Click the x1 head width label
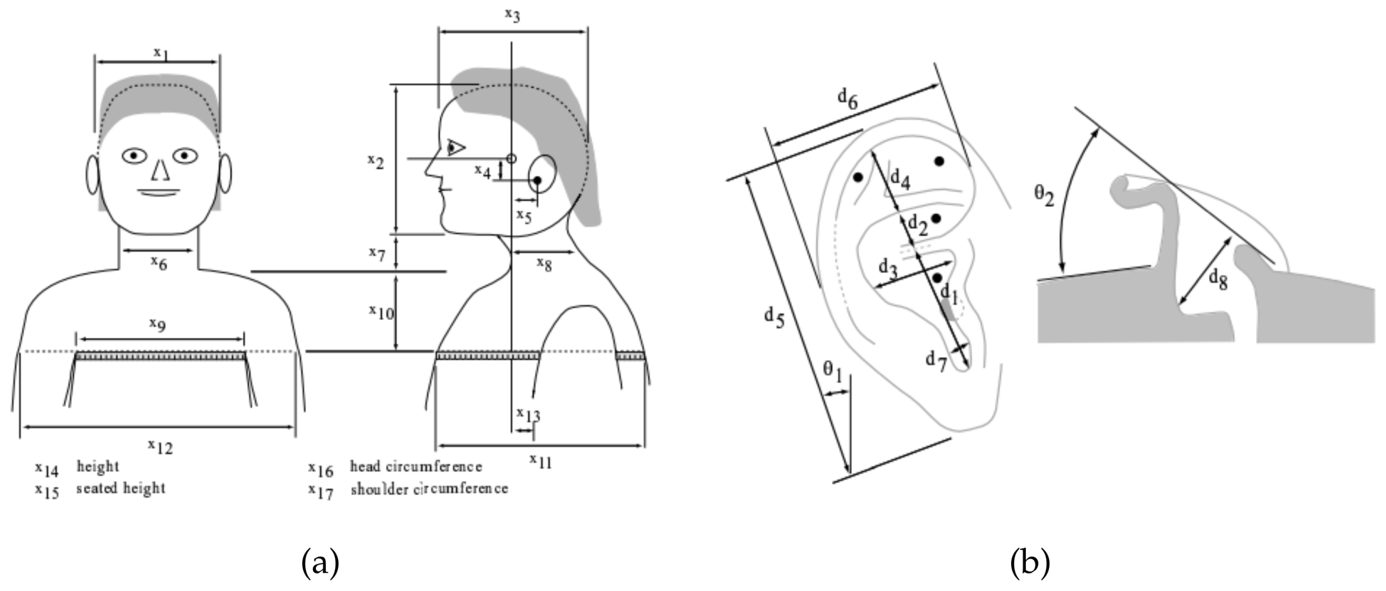click(x=161, y=53)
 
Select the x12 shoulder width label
click(x=160, y=446)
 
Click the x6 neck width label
click(x=159, y=263)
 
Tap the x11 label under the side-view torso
click(x=541, y=461)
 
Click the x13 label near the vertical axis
click(x=528, y=415)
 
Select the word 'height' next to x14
click(x=98, y=466)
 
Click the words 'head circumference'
click(x=416, y=466)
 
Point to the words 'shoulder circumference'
click(x=429, y=489)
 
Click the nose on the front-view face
click(x=160, y=170)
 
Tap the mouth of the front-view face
click(x=159, y=192)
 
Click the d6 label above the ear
click(x=848, y=98)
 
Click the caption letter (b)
click(x=1030, y=563)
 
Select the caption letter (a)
click(x=321, y=563)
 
